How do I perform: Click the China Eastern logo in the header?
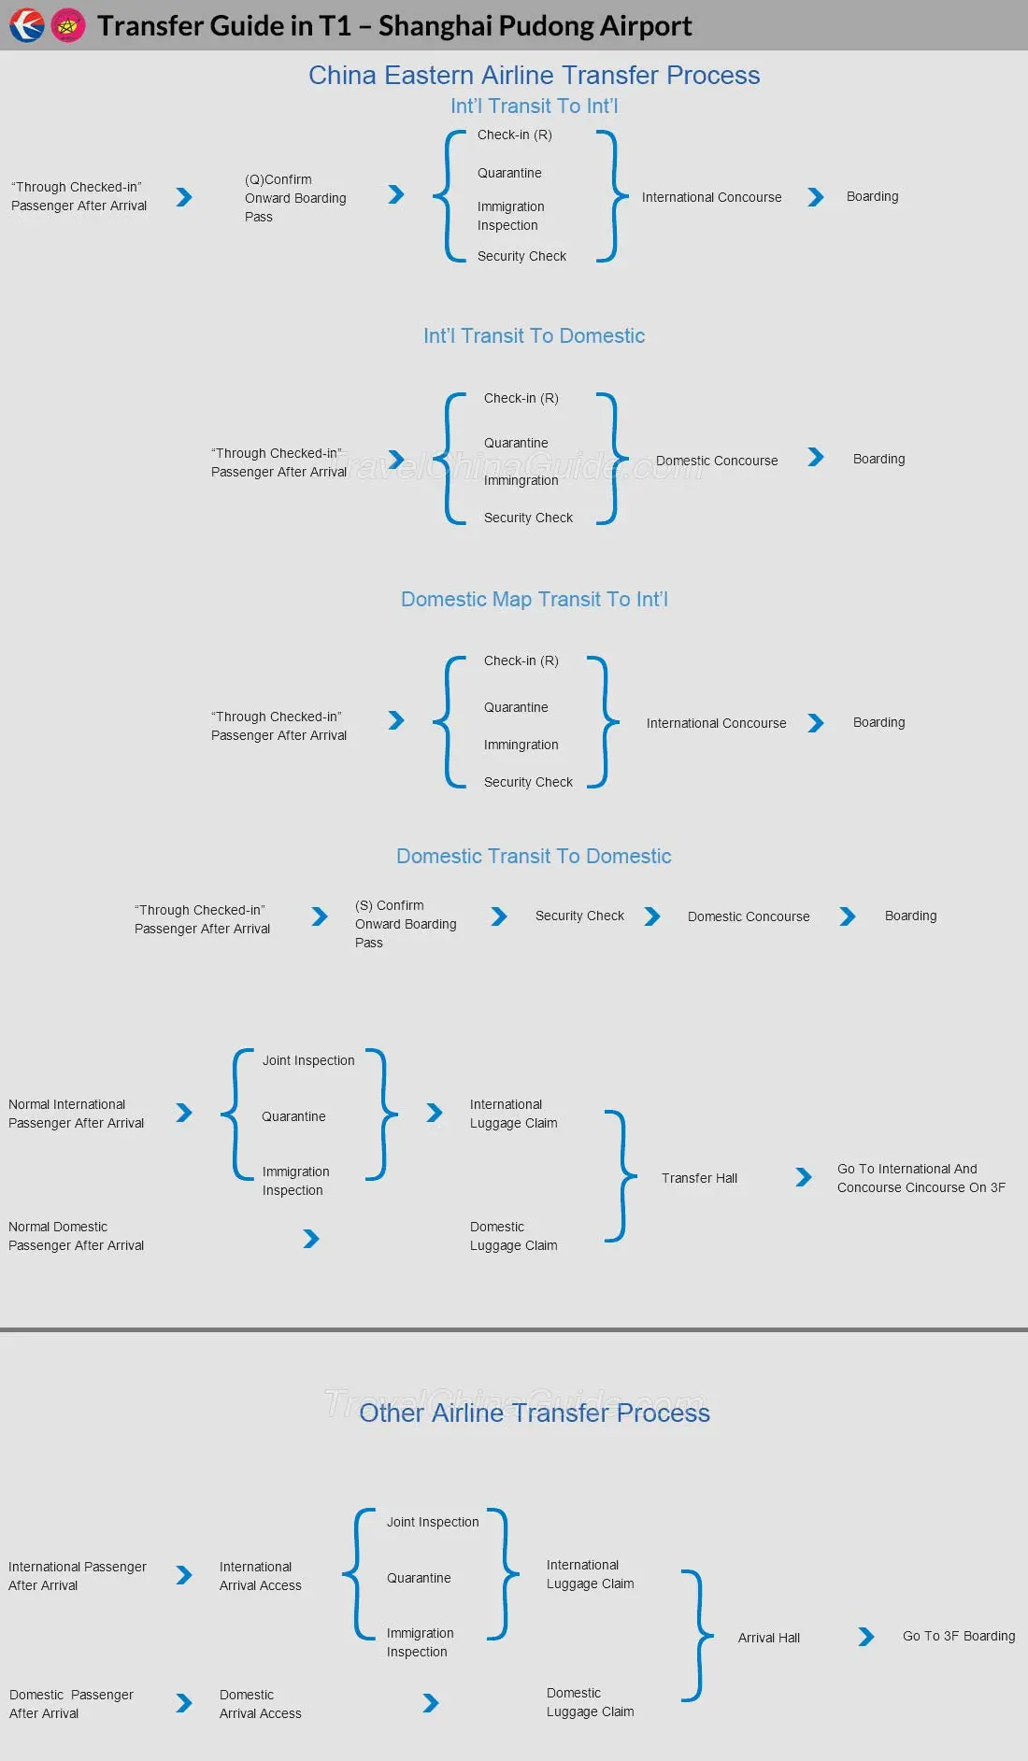26,25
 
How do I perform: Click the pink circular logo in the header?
68,25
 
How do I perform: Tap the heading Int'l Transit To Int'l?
534,107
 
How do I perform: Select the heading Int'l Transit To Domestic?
534,336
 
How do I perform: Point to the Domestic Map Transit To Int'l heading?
534,600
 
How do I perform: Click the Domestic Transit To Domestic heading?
534,857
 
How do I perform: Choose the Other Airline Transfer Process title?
534,1413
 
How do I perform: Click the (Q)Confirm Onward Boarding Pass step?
295,198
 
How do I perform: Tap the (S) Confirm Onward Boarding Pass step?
406,924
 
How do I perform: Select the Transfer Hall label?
699,1178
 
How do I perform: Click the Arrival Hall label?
768,1638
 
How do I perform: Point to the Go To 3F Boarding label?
959,1636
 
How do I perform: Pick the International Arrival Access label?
260,1576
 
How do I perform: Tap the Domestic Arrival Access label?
260,1704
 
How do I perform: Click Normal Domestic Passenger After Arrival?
76,1236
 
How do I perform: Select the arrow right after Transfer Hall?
804,1177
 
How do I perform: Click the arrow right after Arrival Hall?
866,1637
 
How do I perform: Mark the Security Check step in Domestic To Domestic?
579,916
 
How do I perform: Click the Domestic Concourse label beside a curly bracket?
717,461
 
